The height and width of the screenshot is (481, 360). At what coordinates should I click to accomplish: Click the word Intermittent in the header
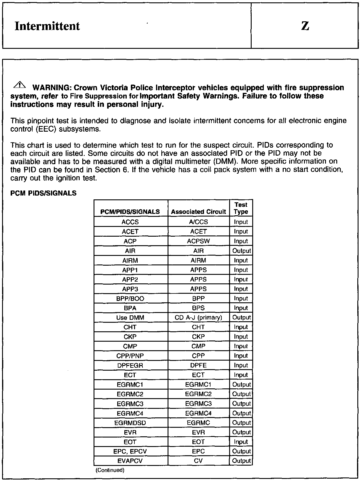coord(47,26)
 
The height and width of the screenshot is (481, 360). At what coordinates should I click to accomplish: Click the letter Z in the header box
coord(305,26)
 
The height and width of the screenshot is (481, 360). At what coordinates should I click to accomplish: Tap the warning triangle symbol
coord(20,85)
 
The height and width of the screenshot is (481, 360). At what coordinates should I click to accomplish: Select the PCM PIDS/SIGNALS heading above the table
coord(43,193)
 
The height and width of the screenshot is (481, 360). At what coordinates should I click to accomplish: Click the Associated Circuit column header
coord(198,212)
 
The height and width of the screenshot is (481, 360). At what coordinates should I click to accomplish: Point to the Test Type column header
coord(241,208)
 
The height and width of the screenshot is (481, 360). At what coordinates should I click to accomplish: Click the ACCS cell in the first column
coord(130,222)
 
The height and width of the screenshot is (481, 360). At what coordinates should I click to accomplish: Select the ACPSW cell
coord(198,241)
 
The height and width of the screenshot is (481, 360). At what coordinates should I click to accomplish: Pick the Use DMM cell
coord(130,317)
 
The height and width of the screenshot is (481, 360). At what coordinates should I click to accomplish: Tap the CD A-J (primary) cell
coord(198,317)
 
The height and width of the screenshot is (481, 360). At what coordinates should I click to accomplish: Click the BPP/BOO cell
coord(130,298)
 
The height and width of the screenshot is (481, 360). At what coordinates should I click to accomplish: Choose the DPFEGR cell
coord(130,365)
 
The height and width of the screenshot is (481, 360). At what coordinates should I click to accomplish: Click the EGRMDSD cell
coord(130,423)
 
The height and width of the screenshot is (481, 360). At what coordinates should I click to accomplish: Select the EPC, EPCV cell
coord(130,451)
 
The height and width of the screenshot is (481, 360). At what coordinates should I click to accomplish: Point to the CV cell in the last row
coord(198,461)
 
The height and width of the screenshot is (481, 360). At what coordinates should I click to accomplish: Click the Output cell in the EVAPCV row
coord(241,461)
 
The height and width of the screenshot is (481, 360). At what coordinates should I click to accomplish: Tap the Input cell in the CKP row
coord(241,337)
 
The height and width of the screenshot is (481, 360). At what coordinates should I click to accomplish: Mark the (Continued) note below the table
coord(110,470)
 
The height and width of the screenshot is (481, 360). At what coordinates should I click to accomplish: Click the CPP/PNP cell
coord(130,356)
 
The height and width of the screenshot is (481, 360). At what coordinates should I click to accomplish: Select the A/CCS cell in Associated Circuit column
coord(198,222)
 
